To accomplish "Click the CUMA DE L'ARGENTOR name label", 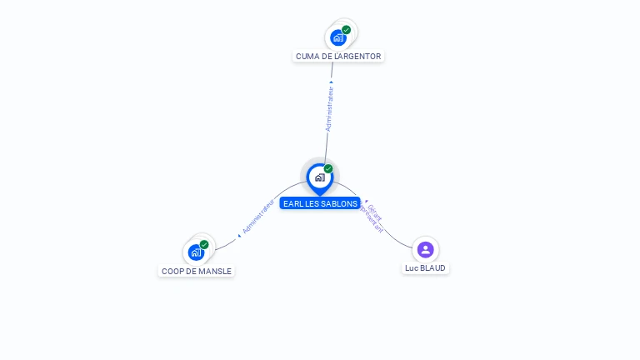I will click(338, 57).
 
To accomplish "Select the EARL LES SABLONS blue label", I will click(320, 203).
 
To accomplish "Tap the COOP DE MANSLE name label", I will click(197, 271).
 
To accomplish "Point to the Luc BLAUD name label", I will click(425, 268).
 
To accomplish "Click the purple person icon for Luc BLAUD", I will click(426, 249).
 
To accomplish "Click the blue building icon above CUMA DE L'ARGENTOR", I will click(337, 37).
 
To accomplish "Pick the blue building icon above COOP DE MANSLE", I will click(195, 252).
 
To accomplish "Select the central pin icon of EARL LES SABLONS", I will click(319, 177).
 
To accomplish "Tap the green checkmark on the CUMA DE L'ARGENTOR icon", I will click(347, 30).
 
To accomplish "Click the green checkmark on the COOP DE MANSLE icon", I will click(204, 244).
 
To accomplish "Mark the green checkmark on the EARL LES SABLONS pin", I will click(328, 168).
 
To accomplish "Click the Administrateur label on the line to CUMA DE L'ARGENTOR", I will click(329, 108).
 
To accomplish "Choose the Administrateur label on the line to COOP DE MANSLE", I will click(258, 216).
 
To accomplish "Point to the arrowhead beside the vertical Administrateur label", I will click(332, 82).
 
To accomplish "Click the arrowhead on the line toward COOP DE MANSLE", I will click(239, 236).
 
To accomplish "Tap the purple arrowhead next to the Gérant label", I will click(366, 200).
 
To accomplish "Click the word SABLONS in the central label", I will click(338, 203).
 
